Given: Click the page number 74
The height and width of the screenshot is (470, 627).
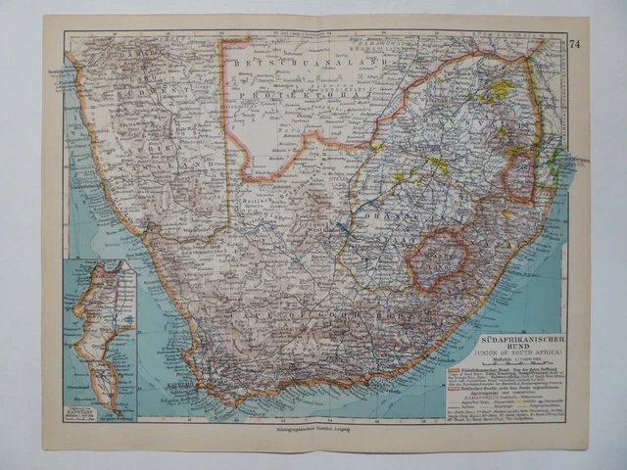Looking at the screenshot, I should (x=574, y=42).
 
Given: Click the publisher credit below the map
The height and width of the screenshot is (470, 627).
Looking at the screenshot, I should (x=304, y=429).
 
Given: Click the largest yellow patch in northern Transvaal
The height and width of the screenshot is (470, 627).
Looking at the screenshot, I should (x=501, y=90).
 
